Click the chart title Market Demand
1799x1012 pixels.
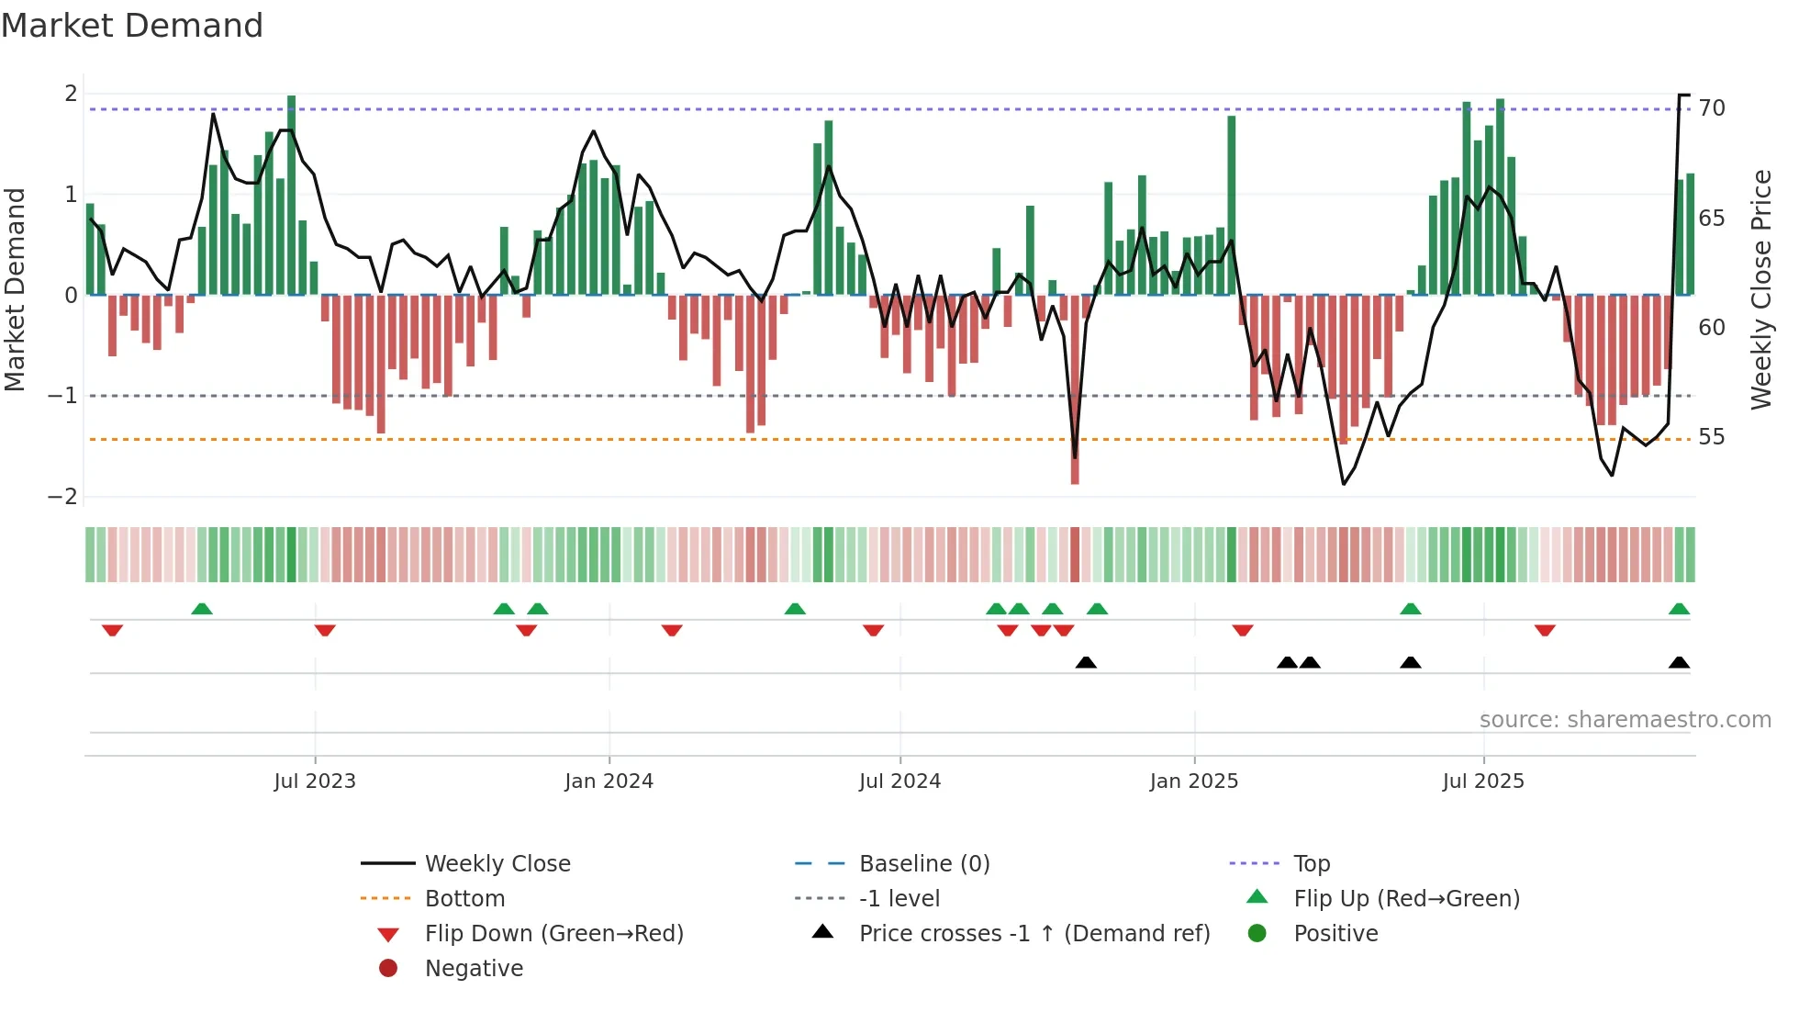point(132,26)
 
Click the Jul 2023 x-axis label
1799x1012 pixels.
point(315,781)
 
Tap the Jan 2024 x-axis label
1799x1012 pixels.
point(609,781)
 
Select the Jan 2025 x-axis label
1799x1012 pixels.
point(1193,781)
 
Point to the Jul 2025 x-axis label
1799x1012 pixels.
point(1483,781)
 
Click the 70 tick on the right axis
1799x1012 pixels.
point(1712,108)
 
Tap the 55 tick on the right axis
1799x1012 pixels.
point(1712,437)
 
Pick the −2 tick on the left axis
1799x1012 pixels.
point(62,497)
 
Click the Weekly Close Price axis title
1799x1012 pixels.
point(1760,289)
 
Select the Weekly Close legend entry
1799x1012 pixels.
point(497,864)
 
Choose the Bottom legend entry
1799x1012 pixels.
point(464,899)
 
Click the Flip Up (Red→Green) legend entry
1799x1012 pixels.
point(1406,899)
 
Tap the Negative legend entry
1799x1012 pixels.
point(474,969)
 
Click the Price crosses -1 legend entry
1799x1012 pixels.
point(1034,934)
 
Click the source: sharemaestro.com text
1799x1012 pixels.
point(1625,720)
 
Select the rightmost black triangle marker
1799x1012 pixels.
point(1679,662)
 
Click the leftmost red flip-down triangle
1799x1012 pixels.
point(112,630)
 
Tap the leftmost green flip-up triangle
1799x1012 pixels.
point(202,609)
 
